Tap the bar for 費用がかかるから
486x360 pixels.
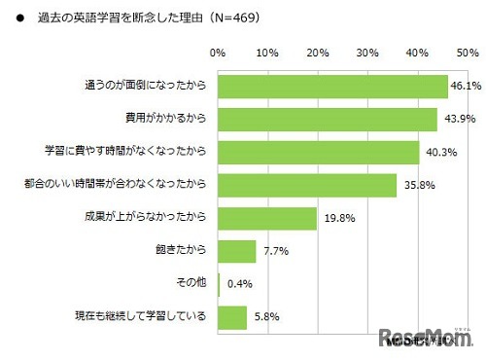(x=327, y=120)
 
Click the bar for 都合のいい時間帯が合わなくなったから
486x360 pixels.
(x=307, y=186)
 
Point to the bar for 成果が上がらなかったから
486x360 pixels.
(x=267, y=219)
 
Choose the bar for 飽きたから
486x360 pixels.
(x=237, y=252)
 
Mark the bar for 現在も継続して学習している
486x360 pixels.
(x=232, y=318)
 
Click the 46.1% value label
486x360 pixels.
(x=466, y=87)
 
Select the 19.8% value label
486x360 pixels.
(x=335, y=219)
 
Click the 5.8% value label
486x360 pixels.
(x=265, y=318)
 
